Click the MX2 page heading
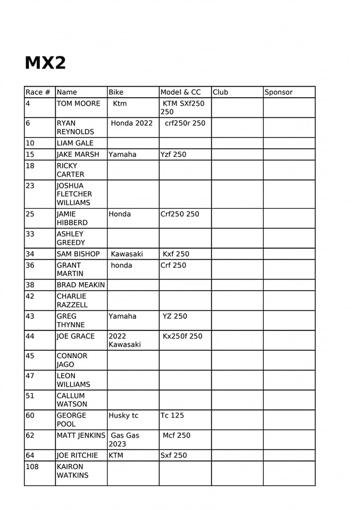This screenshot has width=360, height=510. (x=45, y=63)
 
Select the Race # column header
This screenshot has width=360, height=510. (x=38, y=92)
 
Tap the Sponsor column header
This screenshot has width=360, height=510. (x=279, y=92)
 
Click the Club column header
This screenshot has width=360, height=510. (x=220, y=92)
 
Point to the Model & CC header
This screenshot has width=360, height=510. (x=181, y=92)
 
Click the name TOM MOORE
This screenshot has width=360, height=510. (x=78, y=104)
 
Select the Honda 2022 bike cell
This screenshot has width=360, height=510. (x=131, y=123)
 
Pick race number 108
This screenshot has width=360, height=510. (x=32, y=467)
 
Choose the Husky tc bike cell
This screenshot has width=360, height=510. (x=123, y=415)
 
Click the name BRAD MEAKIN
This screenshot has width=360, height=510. (x=81, y=285)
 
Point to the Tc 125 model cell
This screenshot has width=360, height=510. (x=172, y=415)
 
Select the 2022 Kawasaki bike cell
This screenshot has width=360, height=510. (x=124, y=340)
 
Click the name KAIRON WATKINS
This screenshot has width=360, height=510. (x=72, y=471)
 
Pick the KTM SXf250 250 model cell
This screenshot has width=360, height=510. (x=183, y=108)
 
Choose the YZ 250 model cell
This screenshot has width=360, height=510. (x=175, y=316)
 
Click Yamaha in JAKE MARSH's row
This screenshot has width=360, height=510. (x=122, y=155)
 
